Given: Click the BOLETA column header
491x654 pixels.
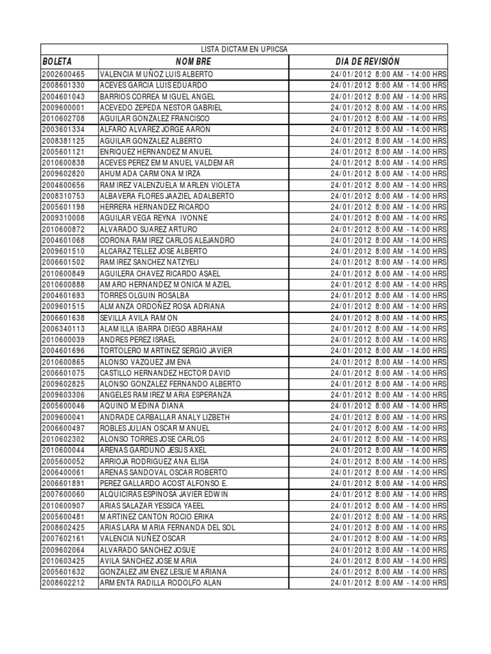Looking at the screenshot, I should tap(57, 61).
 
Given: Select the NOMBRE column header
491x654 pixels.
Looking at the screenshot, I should tap(193, 61).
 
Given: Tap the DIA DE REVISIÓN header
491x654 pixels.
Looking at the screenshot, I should tap(367, 61).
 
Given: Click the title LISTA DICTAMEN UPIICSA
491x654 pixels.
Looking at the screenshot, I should tap(244, 49).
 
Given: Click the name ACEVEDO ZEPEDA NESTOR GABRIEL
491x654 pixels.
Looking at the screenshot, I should tap(161, 107).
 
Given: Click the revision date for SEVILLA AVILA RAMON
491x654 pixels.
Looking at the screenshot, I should tap(389, 317).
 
